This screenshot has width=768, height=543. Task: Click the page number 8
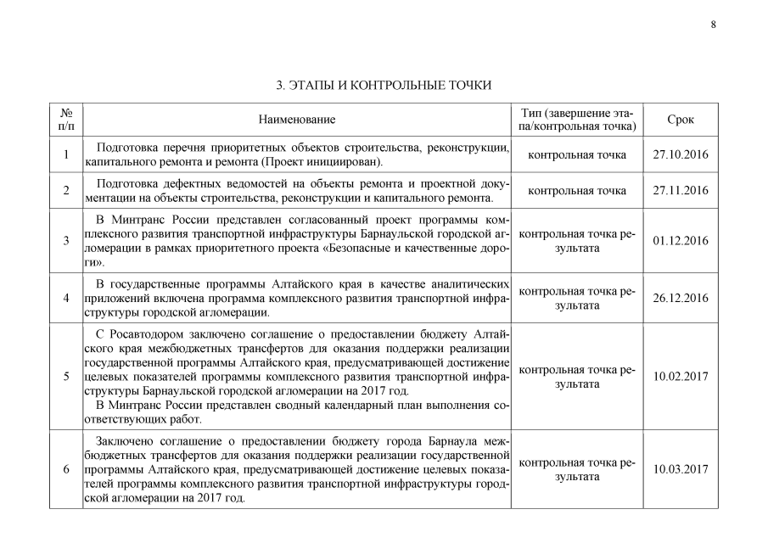[x=713, y=24]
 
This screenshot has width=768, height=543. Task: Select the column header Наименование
[x=297, y=120]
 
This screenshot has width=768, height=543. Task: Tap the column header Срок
[x=680, y=120]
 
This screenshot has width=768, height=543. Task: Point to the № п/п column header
[x=66, y=120]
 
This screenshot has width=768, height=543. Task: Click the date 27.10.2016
[x=680, y=154]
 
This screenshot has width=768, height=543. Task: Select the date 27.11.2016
[x=680, y=191]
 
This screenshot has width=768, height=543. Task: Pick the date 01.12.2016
[x=680, y=241]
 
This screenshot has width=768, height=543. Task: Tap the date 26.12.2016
[x=680, y=298]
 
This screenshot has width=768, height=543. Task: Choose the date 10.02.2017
[x=680, y=377]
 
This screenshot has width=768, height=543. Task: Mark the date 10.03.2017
[x=680, y=469]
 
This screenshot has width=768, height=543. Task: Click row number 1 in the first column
[x=66, y=154]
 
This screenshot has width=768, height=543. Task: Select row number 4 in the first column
[x=66, y=298]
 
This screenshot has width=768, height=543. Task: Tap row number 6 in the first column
[x=66, y=469]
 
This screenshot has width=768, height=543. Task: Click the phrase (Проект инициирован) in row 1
[x=322, y=161]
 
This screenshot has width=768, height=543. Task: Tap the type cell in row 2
[x=577, y=191]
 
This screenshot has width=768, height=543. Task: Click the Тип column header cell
[x=577, y=120]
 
